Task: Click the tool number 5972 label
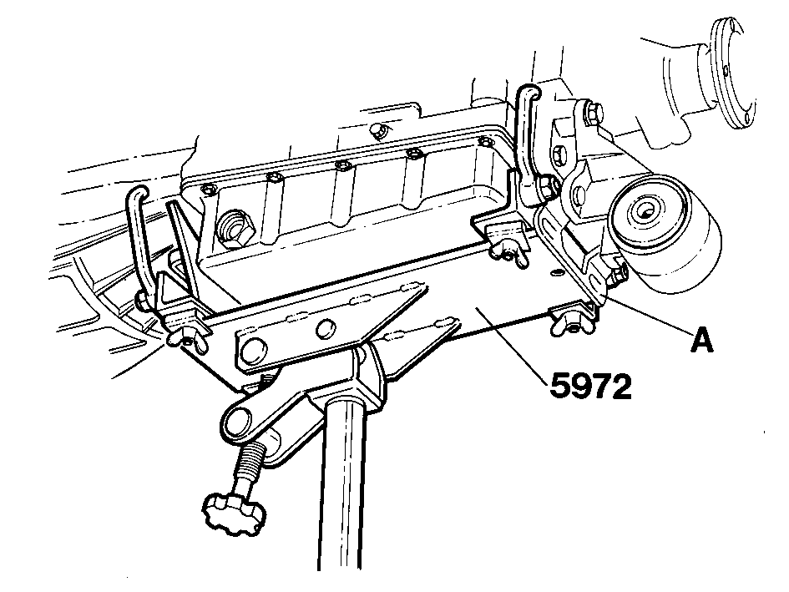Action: pyautogui.click(x=590, y=387)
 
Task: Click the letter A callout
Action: pyautogui.click(x=701, y=341)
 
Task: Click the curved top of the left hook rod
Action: pyautogui.click(x=138, y=194)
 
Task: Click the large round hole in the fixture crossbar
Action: pyautogui.click(x=251, y=350)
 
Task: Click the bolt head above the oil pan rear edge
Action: pyautogui.click(x=378, y=131)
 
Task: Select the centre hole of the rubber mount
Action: pyautogui.click(x=644, y=210)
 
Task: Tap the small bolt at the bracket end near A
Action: pyautogui.click(x=618, y=275)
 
